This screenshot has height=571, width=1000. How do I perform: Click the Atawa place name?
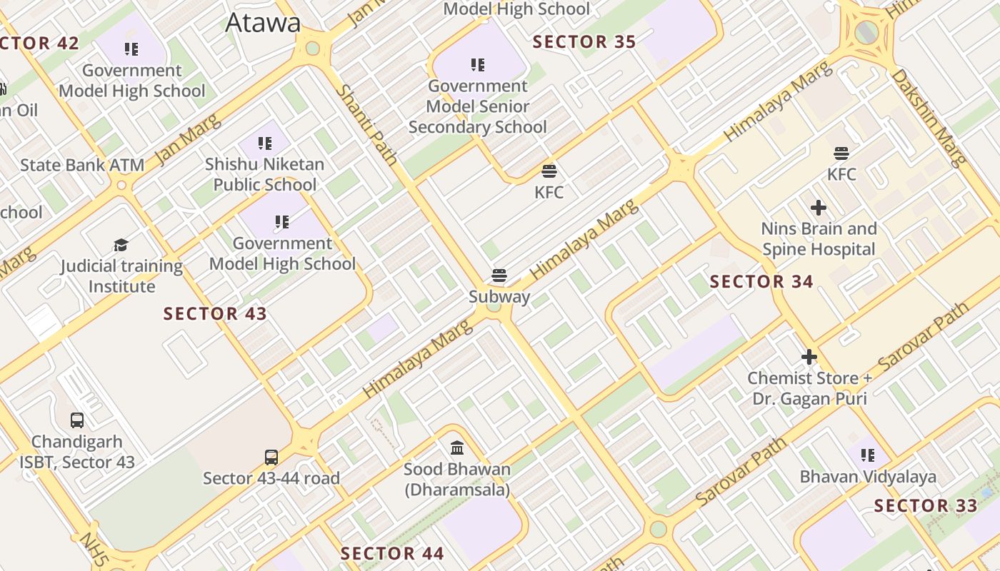click(263, 23)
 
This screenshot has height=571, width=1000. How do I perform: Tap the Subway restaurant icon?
click(499, 276)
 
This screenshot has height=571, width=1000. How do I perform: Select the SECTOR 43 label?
click(215, 313)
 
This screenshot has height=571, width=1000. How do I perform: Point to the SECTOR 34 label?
click(761, 282)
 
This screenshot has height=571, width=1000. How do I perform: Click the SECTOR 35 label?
click(584, 42)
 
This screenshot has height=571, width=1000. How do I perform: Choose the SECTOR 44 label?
click(392, 553)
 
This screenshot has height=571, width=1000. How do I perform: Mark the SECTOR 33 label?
click(926, 506)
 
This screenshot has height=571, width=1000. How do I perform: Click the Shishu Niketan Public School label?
click(264, 174)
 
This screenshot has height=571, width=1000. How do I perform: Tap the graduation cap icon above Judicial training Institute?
click(121, 245)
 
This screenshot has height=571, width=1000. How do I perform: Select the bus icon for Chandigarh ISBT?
click(77, 420)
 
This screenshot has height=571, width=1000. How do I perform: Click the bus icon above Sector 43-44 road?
click(271, 457)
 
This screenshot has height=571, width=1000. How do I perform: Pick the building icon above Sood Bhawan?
click(457, 448)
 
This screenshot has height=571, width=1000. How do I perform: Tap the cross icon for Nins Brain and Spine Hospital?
click(819, 208)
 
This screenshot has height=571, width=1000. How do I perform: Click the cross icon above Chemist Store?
click(809, 356)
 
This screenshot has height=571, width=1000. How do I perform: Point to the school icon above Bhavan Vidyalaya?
click(868, 455)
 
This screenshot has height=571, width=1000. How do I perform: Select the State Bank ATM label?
click(82, 165)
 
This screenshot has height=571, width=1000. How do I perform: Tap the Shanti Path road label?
click(366, 125)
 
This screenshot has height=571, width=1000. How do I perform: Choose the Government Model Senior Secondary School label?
click(478, 106)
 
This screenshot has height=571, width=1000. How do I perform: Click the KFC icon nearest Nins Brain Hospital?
click(841, 153)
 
